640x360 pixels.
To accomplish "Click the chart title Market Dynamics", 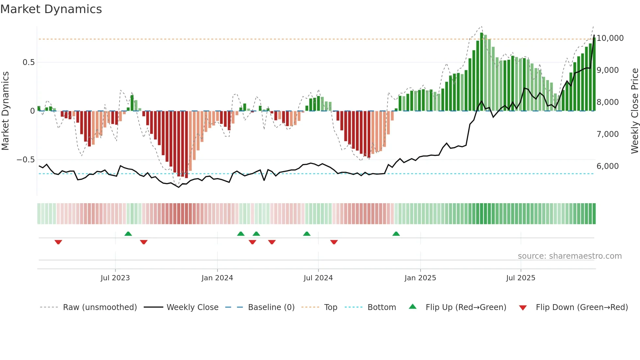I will tap(51, 9).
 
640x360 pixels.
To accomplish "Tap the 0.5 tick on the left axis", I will tap(28, 62).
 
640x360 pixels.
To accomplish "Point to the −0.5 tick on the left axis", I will tap(25, 160).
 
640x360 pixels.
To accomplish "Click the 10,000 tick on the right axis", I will tap(610, 38).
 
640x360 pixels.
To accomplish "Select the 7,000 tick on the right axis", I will tap(607, 134).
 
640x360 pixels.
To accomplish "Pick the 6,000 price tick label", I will tap(607, 166).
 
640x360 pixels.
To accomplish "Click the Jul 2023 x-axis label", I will tap(115, 278).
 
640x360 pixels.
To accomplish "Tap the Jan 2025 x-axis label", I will tap(420, 278).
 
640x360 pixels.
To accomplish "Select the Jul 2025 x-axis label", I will tap(520, 278).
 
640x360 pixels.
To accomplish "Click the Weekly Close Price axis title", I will tap(634, 111).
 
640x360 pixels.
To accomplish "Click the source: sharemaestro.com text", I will tap(569, 256).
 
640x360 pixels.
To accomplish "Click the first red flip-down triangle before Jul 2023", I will tap(58, 242).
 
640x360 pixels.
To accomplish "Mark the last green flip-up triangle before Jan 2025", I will tap(396, 234).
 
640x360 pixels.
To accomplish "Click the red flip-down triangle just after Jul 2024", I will tap(334, 242).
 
